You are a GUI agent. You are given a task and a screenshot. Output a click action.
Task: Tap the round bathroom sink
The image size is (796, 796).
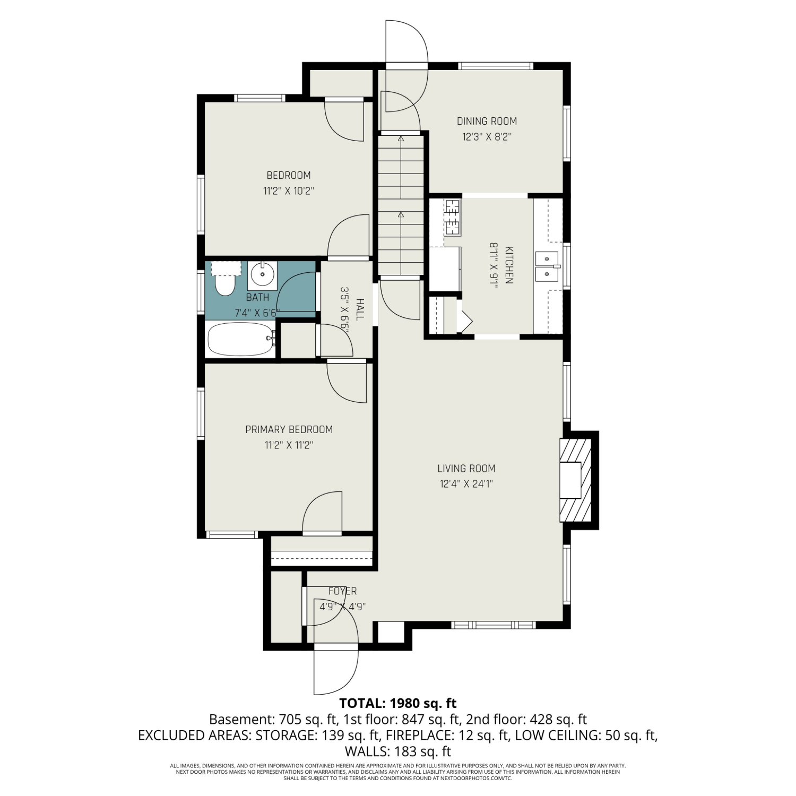[262, 275]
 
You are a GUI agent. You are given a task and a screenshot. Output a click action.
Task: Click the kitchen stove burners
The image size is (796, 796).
[453, 217]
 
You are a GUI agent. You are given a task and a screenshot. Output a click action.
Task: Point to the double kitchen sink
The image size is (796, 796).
[547, 267]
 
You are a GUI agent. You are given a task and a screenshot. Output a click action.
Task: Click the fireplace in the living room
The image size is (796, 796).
[576, 480]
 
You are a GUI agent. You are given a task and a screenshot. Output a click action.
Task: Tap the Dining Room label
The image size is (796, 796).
[487, 121]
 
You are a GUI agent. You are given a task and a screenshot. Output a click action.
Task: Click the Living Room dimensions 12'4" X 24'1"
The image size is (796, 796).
[467, 484]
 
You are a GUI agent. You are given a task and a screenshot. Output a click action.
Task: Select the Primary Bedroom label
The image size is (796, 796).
[289, 429]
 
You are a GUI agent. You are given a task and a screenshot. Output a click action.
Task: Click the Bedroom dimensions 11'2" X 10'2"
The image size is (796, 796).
[289, 191]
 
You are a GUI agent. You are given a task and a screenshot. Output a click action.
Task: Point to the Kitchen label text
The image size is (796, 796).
[509, 265]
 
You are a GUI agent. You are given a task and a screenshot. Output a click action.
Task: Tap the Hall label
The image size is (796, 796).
[360, 309]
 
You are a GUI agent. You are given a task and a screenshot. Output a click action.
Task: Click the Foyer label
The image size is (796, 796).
[342, 591]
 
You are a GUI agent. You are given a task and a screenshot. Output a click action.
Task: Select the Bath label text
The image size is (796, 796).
[257, 298]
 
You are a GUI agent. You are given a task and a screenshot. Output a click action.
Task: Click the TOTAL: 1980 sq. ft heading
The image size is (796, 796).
[398, 704]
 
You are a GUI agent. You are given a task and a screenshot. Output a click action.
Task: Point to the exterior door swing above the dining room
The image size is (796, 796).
[406, 66]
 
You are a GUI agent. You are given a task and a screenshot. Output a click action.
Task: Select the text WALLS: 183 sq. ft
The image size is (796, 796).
[398, 751]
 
